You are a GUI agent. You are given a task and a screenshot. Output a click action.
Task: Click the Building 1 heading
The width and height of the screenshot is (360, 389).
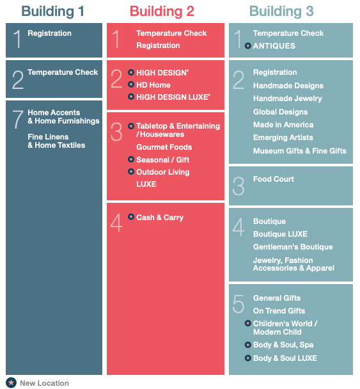(53, 12)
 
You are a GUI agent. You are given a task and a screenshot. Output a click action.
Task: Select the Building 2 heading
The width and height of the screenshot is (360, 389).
(162, 12)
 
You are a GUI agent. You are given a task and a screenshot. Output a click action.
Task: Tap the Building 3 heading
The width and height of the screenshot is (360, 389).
(281, 12)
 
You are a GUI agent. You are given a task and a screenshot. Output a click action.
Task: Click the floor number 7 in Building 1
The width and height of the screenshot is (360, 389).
(18, 120)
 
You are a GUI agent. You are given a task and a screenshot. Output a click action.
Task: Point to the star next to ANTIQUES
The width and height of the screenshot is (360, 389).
(247, 46)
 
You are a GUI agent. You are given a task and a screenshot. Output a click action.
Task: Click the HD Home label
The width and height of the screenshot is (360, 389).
(153, 85)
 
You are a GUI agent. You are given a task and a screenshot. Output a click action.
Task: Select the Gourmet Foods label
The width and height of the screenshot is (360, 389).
(164, 147)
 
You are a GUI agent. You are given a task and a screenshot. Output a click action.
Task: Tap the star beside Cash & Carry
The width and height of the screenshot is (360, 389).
(131, 217)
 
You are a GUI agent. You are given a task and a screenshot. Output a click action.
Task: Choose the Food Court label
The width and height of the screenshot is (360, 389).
(274, 179)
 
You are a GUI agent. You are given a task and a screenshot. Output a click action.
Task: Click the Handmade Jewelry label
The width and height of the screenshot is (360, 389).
(287, 99)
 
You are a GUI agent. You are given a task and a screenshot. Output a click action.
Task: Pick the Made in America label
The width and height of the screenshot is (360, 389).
(283, 125)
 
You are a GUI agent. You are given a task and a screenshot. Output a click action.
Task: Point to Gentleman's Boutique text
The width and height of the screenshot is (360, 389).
(293, 247)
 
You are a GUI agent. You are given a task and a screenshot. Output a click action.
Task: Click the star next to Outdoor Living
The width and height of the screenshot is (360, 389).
(131, 171)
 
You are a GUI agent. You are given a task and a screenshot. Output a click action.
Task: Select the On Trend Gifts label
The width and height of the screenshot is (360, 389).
(279, 311)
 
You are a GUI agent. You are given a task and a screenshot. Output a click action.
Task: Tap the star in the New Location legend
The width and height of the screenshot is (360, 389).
(11, 383)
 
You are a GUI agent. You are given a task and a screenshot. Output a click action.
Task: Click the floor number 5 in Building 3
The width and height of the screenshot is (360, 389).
(239, 304)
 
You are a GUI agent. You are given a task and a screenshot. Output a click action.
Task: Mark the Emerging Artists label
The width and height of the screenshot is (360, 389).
(283, 138)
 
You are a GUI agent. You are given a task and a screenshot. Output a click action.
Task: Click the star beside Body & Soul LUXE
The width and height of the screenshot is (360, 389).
(247, 358)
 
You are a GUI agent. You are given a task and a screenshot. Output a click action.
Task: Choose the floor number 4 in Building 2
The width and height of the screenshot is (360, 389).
(116, 223)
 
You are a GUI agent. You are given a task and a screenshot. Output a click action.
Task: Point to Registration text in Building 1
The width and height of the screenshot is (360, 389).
(49, 33)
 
